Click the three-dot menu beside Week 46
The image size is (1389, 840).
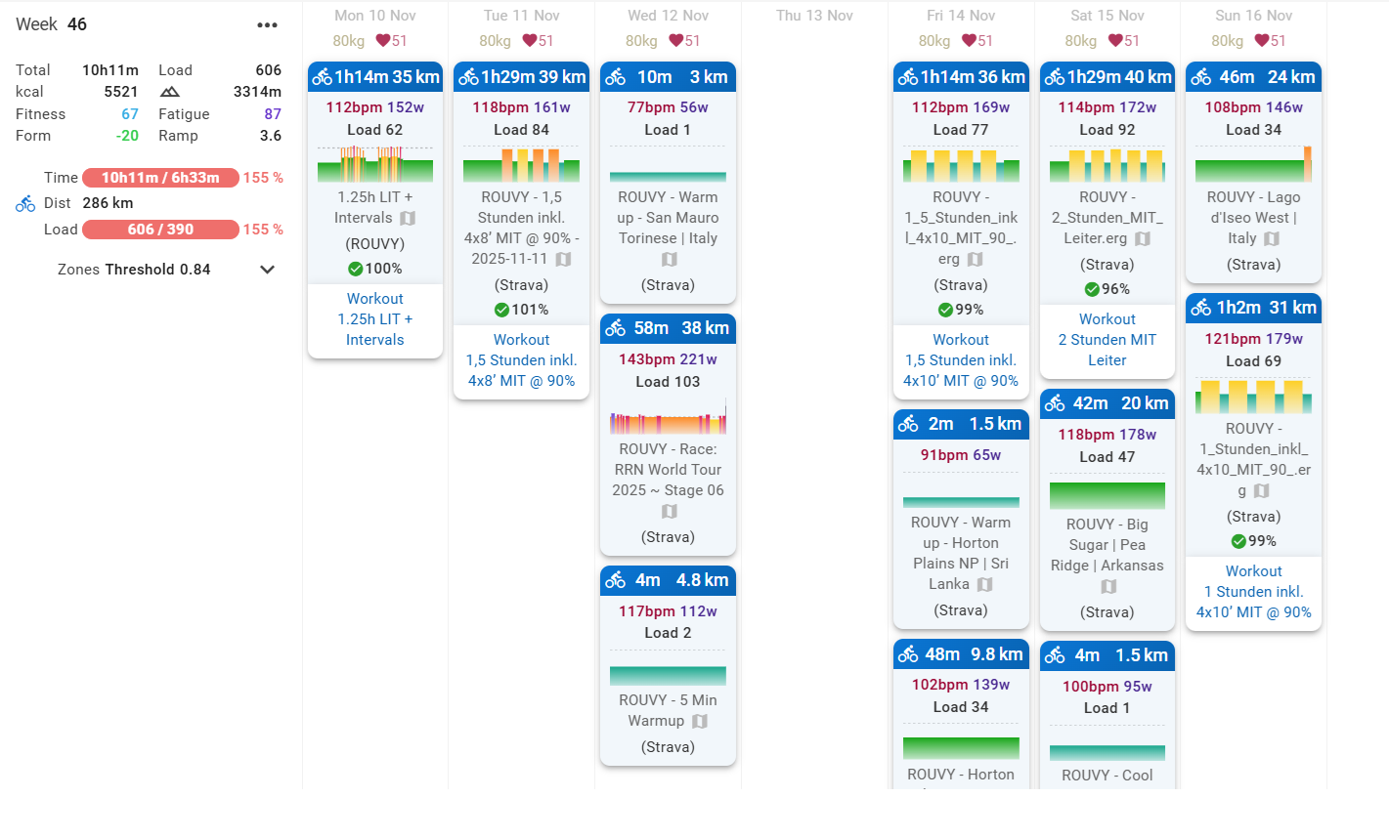(267, 25)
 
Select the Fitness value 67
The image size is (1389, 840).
(129, 114)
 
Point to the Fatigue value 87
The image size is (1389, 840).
(272, 114)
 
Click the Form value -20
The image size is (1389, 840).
(127, 136)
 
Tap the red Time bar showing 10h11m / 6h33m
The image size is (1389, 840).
(160, 178)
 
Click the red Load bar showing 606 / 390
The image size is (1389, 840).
(160, 230)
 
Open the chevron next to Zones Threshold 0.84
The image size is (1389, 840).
(267, 270)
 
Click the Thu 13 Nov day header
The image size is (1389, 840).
(814, 16)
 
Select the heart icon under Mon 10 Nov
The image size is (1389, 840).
(383, 41)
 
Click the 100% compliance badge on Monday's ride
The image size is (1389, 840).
(375, 269)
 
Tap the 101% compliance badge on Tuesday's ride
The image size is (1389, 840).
(521, 310)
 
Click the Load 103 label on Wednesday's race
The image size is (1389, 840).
(668, 382)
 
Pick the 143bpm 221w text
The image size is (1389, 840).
(668, 359)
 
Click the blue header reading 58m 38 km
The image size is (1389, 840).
(668, 328)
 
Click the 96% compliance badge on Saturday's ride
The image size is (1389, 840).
(1107, 289)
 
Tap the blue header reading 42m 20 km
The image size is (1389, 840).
(1107, 403)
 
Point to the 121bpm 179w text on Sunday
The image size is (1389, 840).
(1253, 339)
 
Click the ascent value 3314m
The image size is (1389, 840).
(257, 92)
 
